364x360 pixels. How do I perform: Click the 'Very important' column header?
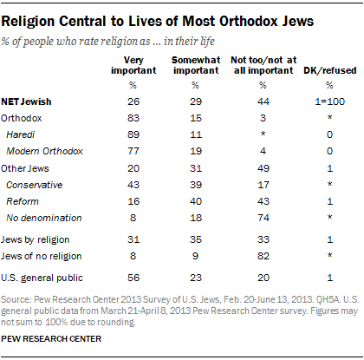(133, 65)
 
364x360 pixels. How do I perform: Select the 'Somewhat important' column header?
(196, 65)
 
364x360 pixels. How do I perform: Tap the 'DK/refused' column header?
(330, 70)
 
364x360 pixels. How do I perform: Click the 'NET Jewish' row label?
(26, 101)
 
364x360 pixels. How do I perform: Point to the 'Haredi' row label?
(21, 134)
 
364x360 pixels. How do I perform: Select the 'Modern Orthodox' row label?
(44, 151)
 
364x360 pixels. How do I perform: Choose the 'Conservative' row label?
(35, 185)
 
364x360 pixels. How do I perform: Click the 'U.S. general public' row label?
(42, 278)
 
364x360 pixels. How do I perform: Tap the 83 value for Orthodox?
(133, 118)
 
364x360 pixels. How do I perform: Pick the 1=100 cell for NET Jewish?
(330, 101)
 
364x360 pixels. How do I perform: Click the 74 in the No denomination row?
(263, 218)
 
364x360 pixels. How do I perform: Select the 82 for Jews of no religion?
(263, 256)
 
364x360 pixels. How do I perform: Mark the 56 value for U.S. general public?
(133, 278)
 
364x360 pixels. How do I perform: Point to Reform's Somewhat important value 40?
(196, 201)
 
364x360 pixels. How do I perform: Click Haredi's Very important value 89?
(133, 134)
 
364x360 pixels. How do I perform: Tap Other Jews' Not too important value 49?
(263, 168)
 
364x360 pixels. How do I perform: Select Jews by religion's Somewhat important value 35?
(196, 239)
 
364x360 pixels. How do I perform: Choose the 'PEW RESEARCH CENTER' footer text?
(51, 339)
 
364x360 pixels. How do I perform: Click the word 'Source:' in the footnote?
(16, 299)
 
